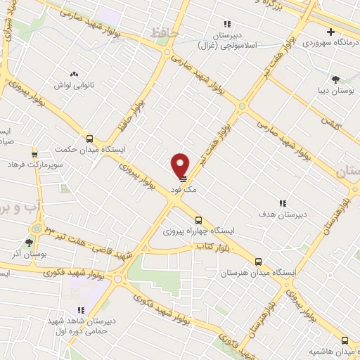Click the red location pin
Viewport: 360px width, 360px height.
[181, 164]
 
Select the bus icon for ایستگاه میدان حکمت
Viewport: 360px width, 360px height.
[89, 138]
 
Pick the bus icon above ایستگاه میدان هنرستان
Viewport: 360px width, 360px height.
[259, 261]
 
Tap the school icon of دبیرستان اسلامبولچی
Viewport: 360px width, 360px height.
[227, 23]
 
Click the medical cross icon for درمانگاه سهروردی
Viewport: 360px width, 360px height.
[330, 32]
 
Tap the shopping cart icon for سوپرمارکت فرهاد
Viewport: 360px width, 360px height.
[34, 155]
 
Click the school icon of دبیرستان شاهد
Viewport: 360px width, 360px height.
[82, 309]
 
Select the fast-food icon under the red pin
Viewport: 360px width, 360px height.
[181, 178]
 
